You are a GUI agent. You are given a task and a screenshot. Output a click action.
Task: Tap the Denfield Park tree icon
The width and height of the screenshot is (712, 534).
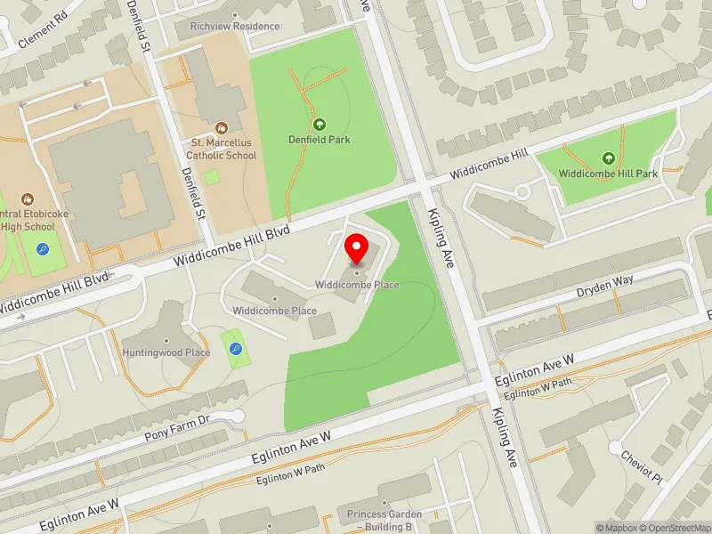point(319,125)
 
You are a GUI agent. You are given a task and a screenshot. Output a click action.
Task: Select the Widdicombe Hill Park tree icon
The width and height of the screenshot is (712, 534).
point(609,158)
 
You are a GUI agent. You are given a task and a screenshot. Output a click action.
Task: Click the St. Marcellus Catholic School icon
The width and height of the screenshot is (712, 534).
point(222,128)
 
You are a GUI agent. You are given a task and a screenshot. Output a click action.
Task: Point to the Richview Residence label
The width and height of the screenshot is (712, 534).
point(235,26)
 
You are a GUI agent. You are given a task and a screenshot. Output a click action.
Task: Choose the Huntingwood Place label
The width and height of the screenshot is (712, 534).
point(167,352)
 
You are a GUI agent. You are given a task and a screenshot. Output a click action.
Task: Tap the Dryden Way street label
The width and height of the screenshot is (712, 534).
point(604,279)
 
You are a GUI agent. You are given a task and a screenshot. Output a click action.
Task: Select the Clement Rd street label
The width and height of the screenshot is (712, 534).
point(43,28)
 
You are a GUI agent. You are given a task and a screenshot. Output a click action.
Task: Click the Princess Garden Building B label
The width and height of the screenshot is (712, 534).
point(379,521)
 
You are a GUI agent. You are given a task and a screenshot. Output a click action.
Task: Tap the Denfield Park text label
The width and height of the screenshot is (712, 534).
point(319,140)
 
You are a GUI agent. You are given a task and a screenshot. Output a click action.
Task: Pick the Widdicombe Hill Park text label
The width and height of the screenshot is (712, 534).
point(609,174)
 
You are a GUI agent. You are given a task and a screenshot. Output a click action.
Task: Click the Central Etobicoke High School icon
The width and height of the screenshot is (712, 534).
point(28,198)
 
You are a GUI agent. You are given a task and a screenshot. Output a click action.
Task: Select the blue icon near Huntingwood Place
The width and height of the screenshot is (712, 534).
point(235,349)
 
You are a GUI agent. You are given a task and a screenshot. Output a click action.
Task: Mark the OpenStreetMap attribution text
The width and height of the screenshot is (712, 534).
point(673,528)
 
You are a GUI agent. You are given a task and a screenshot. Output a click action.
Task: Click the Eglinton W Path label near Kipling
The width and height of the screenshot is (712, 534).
point(538,389)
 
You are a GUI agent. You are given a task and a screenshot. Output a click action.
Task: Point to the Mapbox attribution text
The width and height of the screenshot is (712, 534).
point(617,528)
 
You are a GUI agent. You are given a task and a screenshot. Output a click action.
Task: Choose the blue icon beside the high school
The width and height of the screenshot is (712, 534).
point(42,249)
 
